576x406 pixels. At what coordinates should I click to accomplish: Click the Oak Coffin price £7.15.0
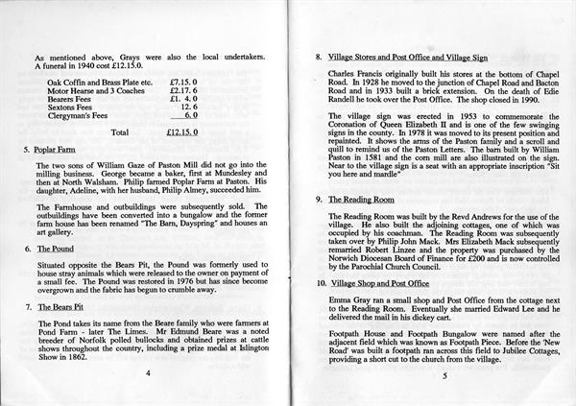[x=184, y=84]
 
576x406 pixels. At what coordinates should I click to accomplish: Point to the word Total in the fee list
[x=119, y=131]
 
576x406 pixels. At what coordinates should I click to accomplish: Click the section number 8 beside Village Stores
[x=318, y=57]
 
